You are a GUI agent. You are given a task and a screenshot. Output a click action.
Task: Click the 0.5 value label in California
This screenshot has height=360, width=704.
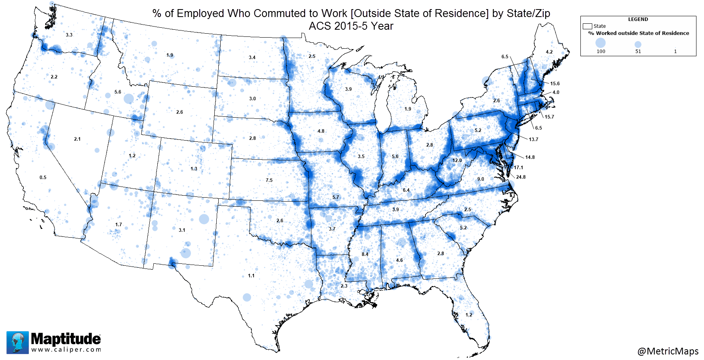tap(43, 177)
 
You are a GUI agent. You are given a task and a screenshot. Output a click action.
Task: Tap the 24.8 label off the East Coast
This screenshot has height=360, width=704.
tap(521, 177)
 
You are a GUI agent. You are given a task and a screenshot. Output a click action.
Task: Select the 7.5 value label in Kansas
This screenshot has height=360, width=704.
tap(269, 180)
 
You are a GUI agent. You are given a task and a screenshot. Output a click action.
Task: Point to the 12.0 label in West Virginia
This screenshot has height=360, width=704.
tap(457, 160)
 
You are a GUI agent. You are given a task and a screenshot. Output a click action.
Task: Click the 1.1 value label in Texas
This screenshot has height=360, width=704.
tap(251, 276)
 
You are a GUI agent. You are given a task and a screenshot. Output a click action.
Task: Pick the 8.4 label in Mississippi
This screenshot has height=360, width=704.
tap(365, 254)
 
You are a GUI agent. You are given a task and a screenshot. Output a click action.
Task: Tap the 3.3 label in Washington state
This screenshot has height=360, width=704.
tap(69, 35)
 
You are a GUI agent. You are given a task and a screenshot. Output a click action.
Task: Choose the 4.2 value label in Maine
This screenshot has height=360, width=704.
tap(549, 52)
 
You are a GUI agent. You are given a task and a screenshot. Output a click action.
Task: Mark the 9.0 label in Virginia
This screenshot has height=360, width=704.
tap(481, 179)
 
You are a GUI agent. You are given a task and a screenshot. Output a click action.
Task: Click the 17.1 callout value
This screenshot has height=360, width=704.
tap(518, 168)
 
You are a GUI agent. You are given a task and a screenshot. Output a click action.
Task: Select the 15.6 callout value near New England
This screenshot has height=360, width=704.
tap(555, 84)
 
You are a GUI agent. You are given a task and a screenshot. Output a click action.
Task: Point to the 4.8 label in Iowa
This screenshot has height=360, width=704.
tap(321, 131)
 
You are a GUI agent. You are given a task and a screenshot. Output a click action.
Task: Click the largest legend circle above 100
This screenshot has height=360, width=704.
tap(601, 42)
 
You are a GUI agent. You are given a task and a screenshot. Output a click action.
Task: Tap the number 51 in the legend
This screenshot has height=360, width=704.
tap(638, 51)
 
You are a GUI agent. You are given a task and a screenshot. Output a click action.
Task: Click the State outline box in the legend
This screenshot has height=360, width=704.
tap(587, 26)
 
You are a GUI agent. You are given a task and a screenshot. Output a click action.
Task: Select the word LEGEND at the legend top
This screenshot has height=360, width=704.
tap(638, 19)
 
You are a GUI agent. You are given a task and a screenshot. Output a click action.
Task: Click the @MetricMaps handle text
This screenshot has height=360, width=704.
tap(668, 351)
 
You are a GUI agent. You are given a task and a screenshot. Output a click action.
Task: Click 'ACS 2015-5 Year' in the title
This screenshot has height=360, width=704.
tap(351, 26)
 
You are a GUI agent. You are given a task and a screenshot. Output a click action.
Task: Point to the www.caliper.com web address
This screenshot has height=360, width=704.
tap(66, 350)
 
